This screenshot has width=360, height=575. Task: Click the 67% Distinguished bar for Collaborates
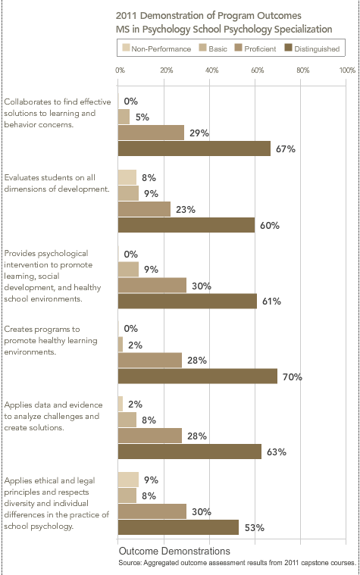click(x=194, y=148)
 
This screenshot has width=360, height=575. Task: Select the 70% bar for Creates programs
click(x=197, y=377)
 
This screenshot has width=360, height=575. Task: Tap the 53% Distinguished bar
click(x=178, y=527)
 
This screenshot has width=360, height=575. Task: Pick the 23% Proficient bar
click(x=144, y=209)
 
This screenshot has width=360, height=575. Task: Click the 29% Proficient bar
click(x=151, y=133)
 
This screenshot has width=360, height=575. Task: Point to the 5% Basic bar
click(x=124, y=117)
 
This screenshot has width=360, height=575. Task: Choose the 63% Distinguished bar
click(x=189, y=452)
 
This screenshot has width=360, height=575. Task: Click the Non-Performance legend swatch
click(x=126, y=48)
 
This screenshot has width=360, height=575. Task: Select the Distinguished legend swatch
click(x=288, y=48)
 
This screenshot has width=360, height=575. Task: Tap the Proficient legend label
click(x=260, y=48)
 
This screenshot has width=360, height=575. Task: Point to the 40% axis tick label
click(x=211, y=70)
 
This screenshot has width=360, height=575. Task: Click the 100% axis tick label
click(x=347, y=70)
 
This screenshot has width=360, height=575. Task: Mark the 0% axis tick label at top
click(x=120, y=70)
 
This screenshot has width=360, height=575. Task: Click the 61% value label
click(x=271, y=301)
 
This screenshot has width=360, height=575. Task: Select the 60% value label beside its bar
click(x=270, y=225)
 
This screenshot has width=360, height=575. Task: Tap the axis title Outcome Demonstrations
click(x=174, y=551)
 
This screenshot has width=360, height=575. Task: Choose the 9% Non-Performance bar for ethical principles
click(x=128, y=480)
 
